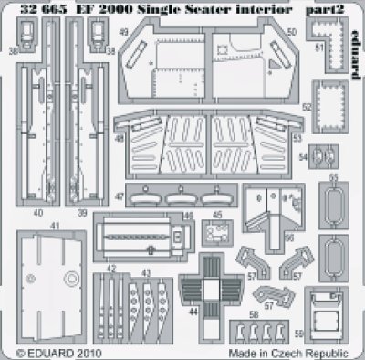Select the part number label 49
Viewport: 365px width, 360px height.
(122, 30)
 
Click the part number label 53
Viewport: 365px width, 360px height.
(297, 139)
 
